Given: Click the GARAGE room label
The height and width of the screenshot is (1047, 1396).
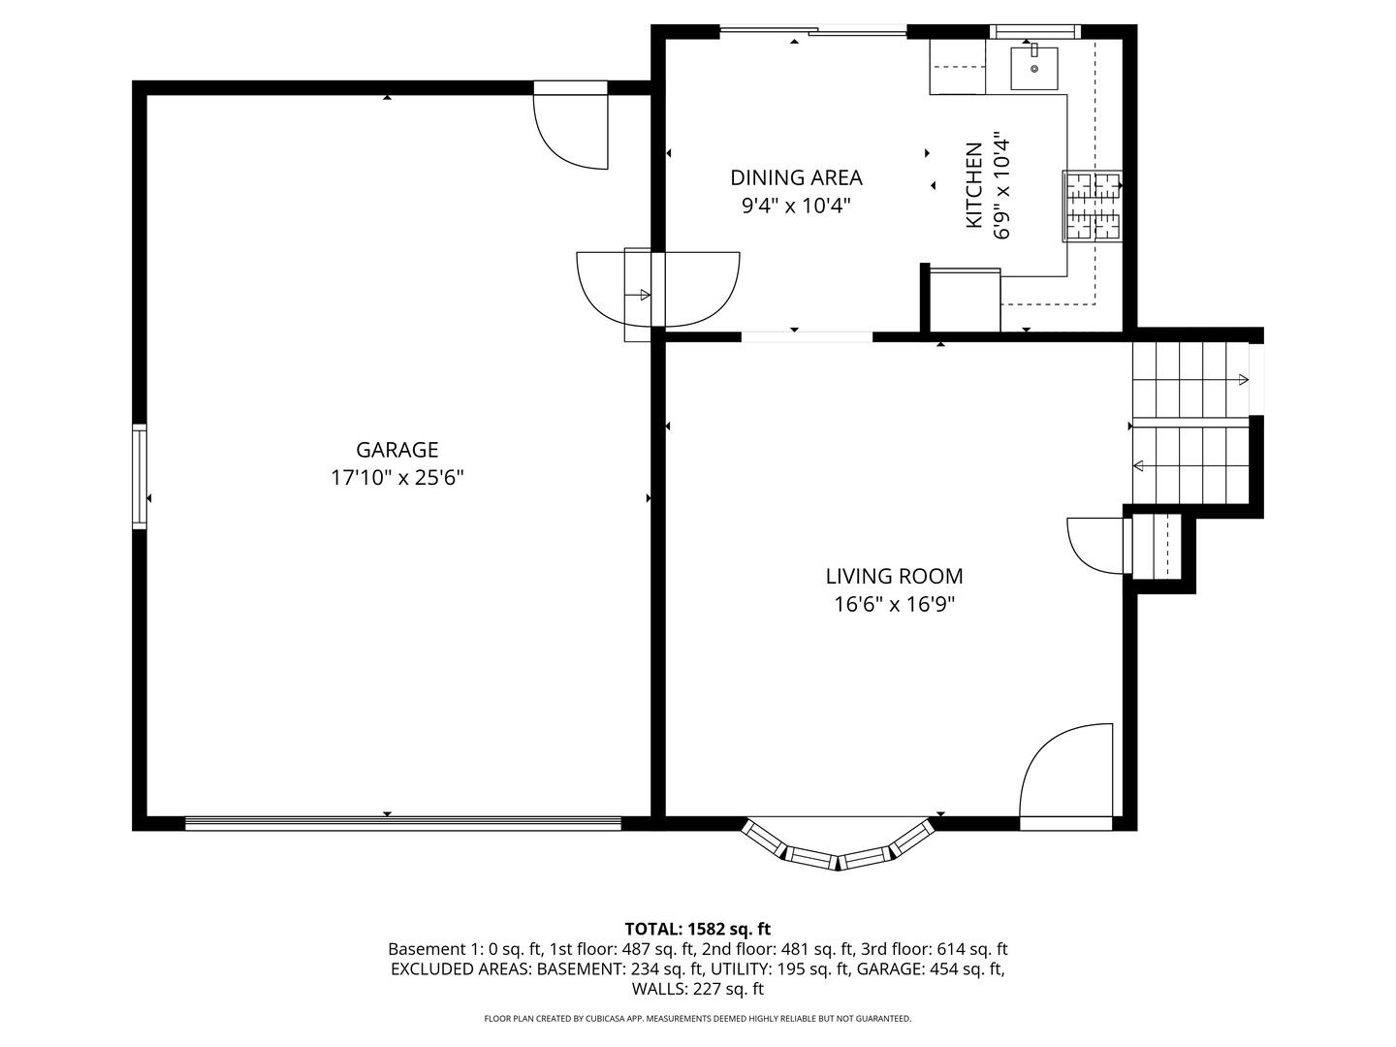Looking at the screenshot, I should click(x=397, y=450).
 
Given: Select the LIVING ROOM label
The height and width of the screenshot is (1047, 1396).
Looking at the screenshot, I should click(x=894, y=577).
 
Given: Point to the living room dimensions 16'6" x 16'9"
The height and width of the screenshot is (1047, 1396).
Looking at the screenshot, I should click(x=894, y=605).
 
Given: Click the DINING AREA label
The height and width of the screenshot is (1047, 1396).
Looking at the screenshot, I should click(x=796, y=177).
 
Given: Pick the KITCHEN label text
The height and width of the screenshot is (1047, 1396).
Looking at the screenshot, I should click(x=973, y=185).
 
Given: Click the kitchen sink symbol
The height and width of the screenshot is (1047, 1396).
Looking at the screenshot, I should click(x=1033, y=68).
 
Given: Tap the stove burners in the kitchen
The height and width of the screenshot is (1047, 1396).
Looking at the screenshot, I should click(x=1094, y=206).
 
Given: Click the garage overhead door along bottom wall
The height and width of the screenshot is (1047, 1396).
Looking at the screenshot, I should click(x=402, y=824).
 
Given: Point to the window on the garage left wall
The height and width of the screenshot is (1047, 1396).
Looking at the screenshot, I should click(x=140, y=476).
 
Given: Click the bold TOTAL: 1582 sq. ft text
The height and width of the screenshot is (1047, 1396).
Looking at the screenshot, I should click(x=697, y=929).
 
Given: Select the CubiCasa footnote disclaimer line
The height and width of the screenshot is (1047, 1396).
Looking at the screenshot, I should click(x=697, y=1019).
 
